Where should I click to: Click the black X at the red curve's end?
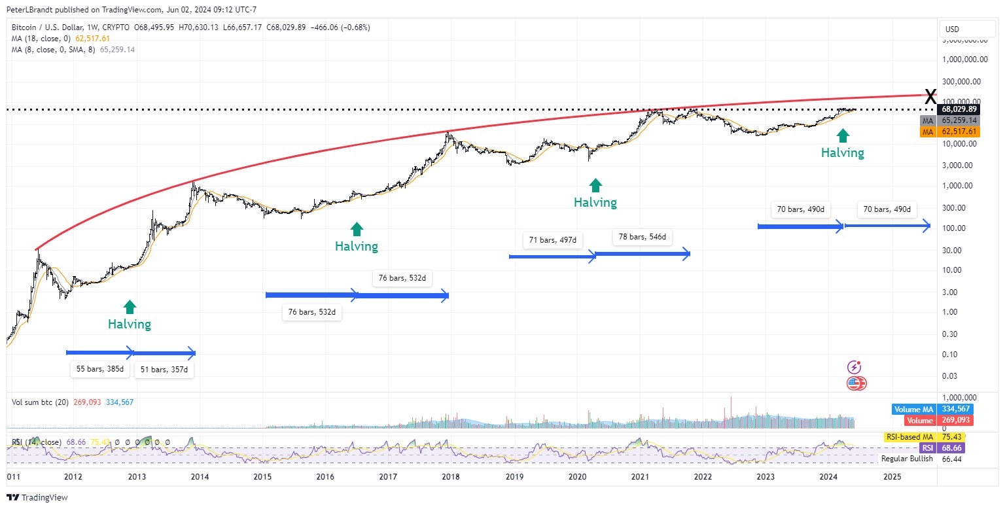click(x=930, y=96)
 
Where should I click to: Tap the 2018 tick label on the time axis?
click(x=451, y=477)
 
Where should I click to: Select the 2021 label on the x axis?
click(x=641, y=477)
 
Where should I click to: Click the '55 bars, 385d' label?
click(x=99, y=369)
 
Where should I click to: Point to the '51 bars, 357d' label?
click(x=164, y=369)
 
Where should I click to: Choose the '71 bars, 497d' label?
click(x=553, y=240)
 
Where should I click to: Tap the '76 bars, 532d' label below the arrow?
click(x=311, y=312)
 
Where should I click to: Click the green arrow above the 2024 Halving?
click(x=843, y=135)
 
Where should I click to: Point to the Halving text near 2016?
click(x=357, y=246)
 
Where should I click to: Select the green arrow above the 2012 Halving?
click(x=130, y=306)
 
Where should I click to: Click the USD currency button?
click(x=953, y=29)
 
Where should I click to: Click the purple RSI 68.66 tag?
click(x=945, y=448)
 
